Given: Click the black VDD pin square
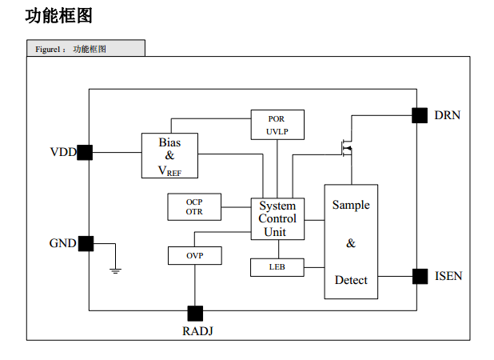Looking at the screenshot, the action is pyautogui.click(x=85, y=153).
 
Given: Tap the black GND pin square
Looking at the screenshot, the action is pyautogui.click(x=86, y=244).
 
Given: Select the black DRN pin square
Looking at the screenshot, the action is pyautogui.click(x=420, y=115).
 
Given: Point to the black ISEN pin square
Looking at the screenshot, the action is pyautogui.click(x=420, y=277).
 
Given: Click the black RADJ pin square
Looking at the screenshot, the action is pyautogui.click(x=195, y=314).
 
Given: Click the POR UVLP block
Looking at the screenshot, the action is pyautogui.click(x=277, y=125).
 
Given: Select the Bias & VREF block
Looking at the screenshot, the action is pyautogui.click(x=169, y=156).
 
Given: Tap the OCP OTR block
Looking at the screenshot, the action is pyautogui.click(x=194, y=206).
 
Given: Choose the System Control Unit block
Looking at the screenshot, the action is pyautogui.click(x=277, y=219).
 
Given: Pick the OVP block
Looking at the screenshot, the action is pyautogui.click(x=195, y=256).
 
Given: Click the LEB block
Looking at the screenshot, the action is pyautogui.click(x=277, y=268).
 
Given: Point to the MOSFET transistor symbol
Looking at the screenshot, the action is pyautogui.click(x=348, y=148).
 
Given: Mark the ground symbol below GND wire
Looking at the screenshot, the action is pyautogui.click(x=115, y=270).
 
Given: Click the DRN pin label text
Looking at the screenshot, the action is pyautogui.click(x=448, y=115).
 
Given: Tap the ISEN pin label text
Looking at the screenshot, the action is pyautogui.click(x=448, y=276).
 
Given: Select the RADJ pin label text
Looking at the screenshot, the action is pyautogui.click(x=198, y=331).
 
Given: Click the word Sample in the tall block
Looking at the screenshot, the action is pyautogui.click(x=351, y=206).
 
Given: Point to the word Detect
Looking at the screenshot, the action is pyautogui.click(x=351, y=280).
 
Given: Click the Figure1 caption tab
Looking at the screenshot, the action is pyautogui.click(x=86, y=48).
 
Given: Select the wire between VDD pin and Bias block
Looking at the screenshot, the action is pyautogui.click(x=118, y=153).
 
